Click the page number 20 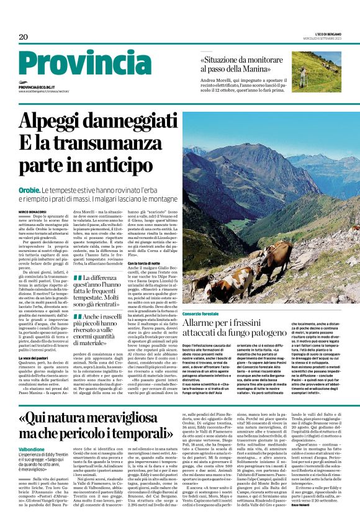[x=24, y=37]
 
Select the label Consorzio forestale [x=200, y=315]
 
